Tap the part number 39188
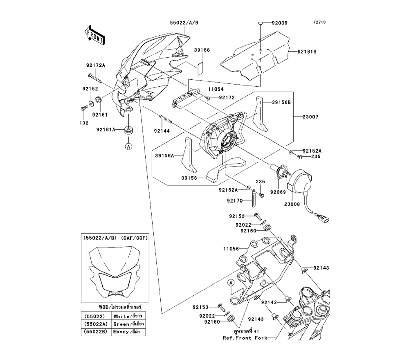coord(202,50)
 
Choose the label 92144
coord(162,131)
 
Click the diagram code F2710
coord(319,23)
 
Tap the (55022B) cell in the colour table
coord(95,332)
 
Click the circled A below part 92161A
coord(128,146)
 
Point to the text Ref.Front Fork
coord(245,338)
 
